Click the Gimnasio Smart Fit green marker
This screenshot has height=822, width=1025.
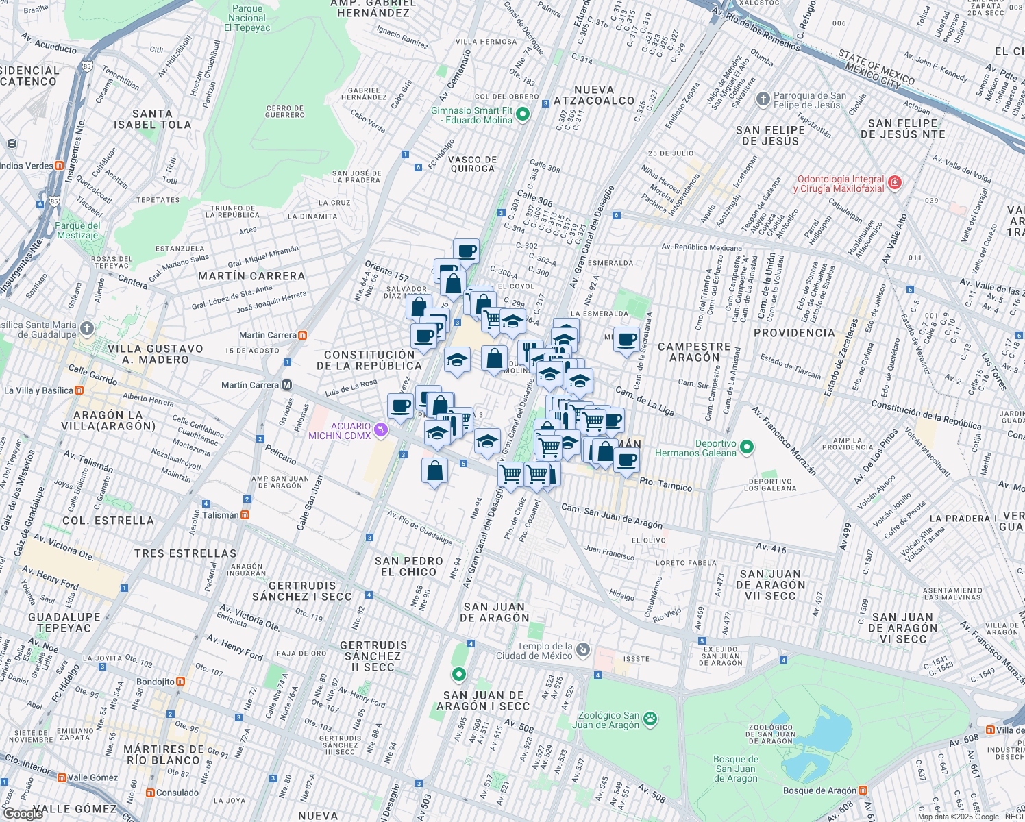[x=523, y=114]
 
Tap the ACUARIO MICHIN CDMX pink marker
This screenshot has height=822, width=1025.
[x=381, y=431]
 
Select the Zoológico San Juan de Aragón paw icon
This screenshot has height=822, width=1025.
[x=650, y=719]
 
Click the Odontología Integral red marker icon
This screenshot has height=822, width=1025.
[x=894, y=183]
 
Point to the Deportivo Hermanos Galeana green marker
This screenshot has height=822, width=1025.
[x=747, y=448]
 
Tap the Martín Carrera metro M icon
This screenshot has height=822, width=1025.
[x=287, y=385]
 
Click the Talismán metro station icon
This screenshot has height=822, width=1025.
[x=245, y=515]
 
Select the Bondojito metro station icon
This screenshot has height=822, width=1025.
[x=180, y=682]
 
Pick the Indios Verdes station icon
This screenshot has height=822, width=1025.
[x=60, y=166]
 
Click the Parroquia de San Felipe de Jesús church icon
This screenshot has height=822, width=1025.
[x=763, y=100]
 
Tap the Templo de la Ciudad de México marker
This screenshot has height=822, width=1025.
[x=582, y=650]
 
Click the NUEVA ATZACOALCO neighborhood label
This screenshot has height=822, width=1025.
[x=594, y=95]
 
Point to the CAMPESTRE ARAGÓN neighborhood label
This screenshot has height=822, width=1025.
[x=694, y=352]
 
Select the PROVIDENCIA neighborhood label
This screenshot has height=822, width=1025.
[x=794, y=333]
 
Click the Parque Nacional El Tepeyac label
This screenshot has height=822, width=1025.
[x=247, y=18]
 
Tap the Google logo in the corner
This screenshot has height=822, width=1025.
[x=23, y=813]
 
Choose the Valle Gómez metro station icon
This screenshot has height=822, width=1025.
[x=62, y=777]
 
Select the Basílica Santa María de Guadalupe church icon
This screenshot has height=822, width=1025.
[x=86, y=329]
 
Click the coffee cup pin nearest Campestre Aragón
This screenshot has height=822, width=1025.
[x=626, y=340]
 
